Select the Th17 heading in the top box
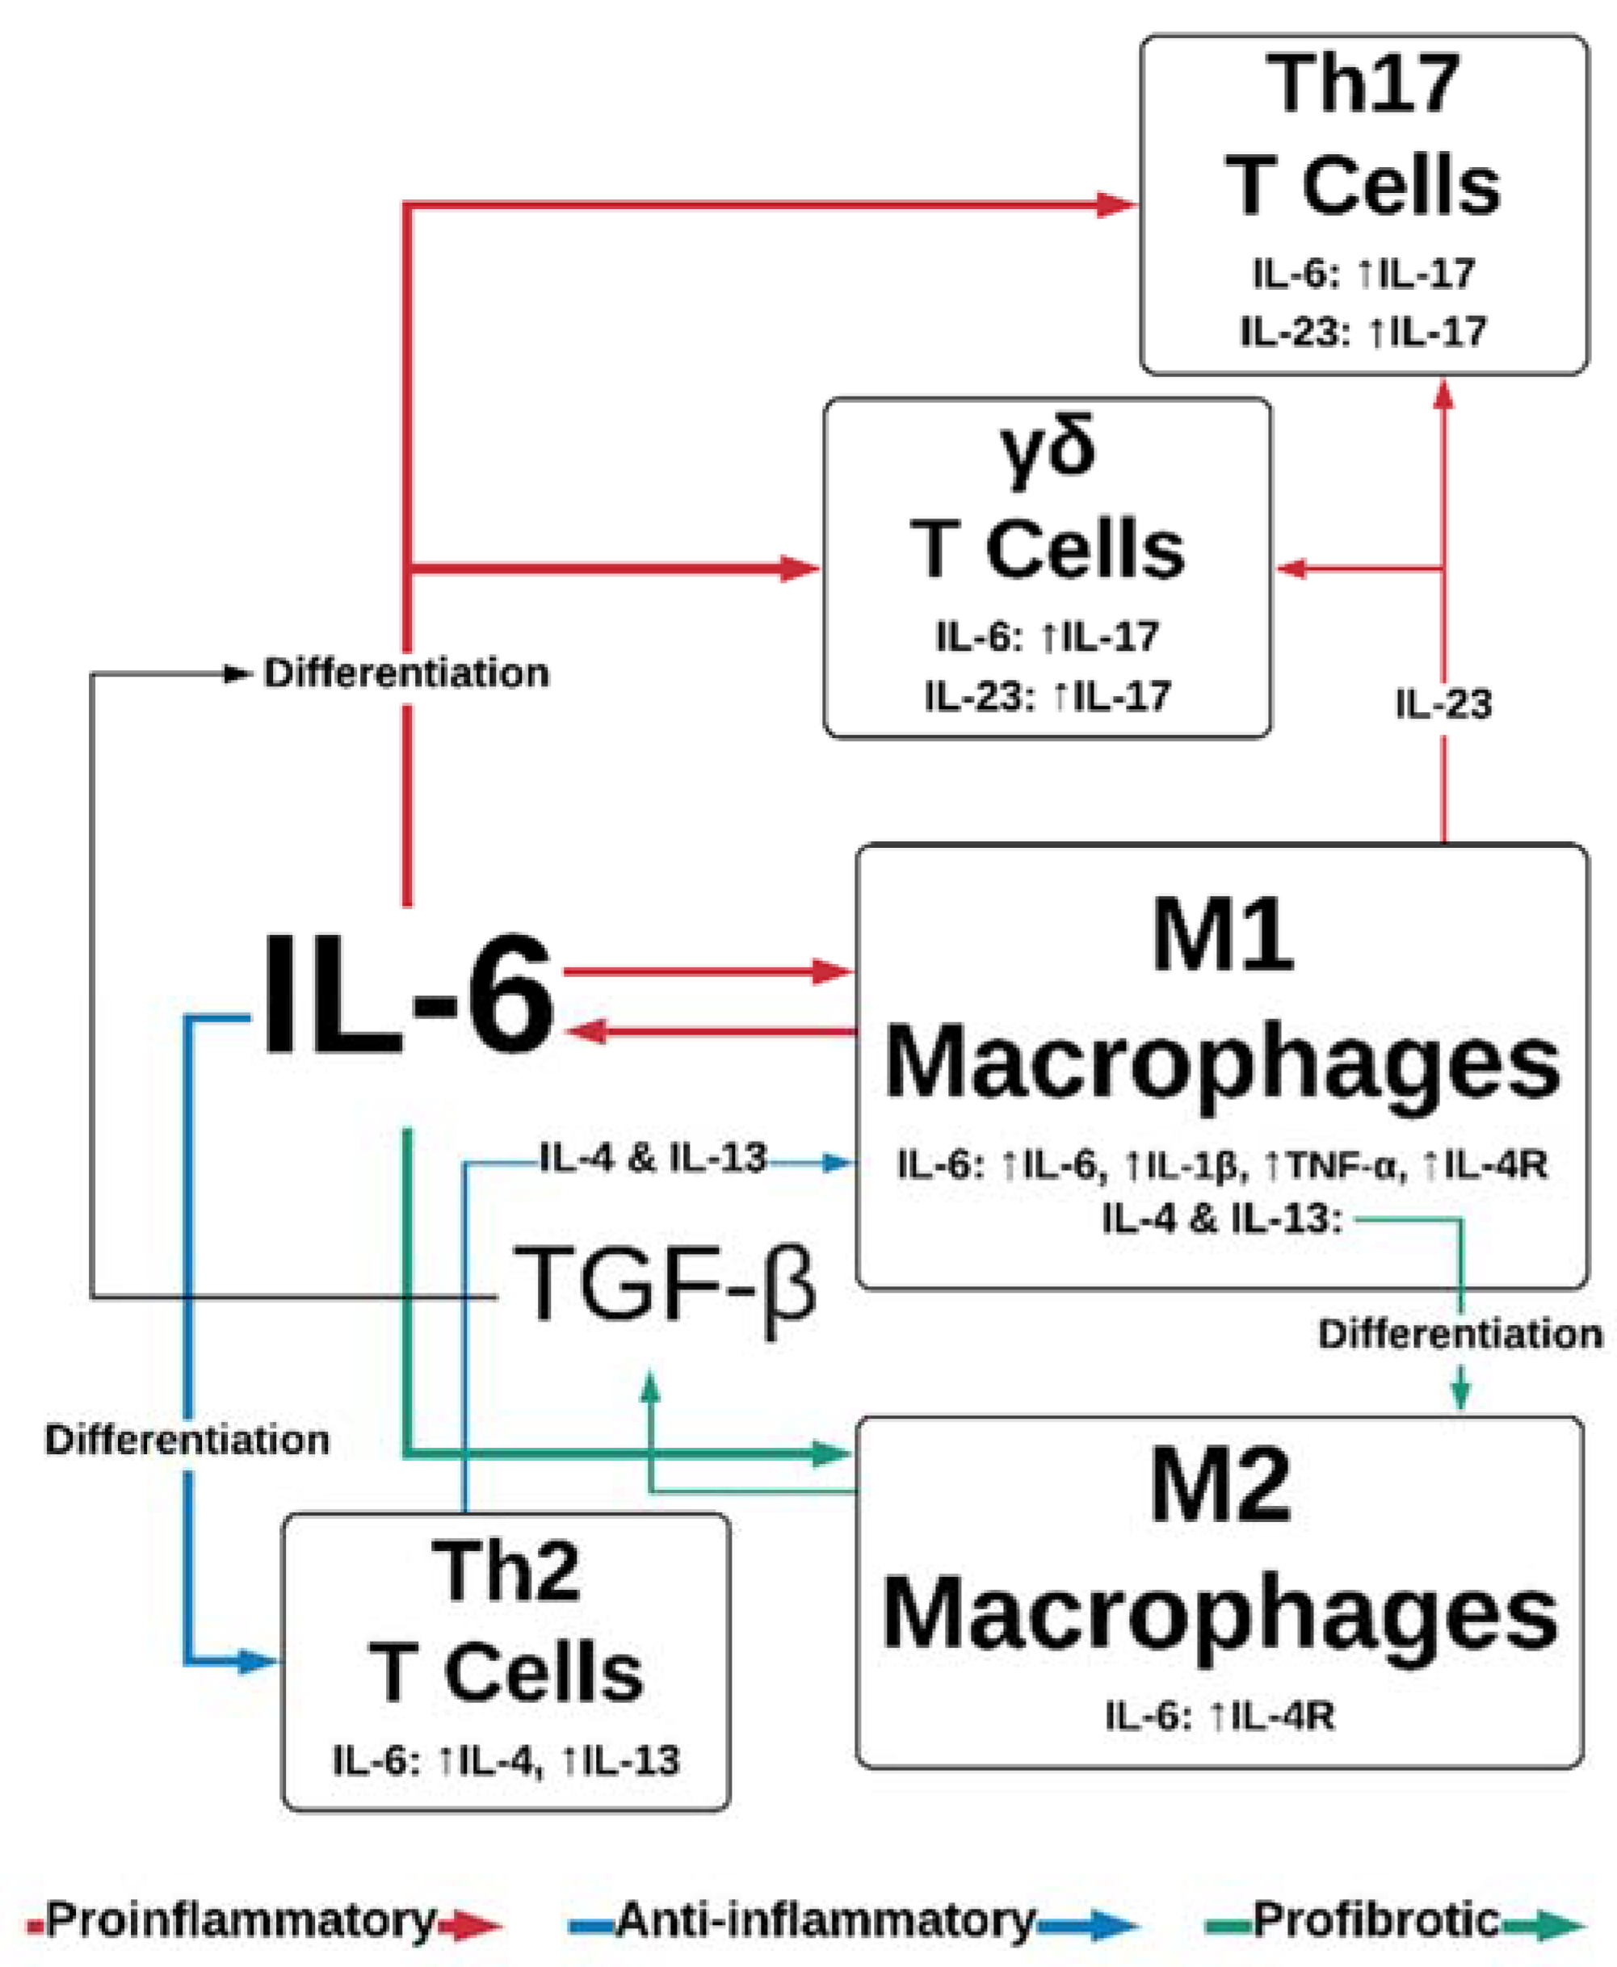[x=1363, y=84]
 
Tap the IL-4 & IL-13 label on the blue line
[x=653, y=1159]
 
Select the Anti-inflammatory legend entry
[x=825, y=1919]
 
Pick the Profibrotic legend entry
[x=1375, y=1919]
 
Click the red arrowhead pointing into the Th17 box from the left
[x=1115, y=204]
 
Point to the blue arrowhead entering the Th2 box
[x=258, y=1661]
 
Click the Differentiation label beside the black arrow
[x=406, y=673]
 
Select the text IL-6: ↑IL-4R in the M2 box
[x=1220, y=1716]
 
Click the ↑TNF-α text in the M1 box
[x=1333, y=1165]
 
